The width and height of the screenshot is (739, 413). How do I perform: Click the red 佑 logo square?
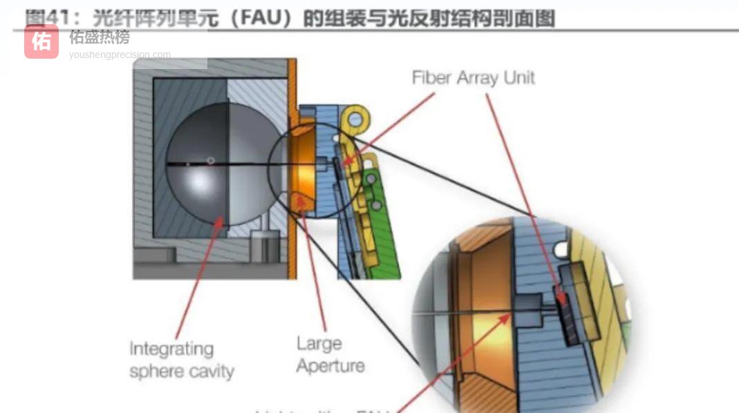coord(41,42)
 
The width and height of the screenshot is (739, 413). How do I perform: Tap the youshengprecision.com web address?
coord(120,55)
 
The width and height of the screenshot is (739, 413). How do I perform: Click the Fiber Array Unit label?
coord(473,77)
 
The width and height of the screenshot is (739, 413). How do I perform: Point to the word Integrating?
coord(171,349)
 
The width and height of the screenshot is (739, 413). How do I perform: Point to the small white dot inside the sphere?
coord(211,160)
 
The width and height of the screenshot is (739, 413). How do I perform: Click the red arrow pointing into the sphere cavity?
coord(200,276)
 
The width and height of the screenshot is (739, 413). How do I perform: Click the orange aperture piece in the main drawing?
coord(304,166)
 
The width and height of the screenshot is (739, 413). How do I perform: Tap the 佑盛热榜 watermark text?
coord(99,37)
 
